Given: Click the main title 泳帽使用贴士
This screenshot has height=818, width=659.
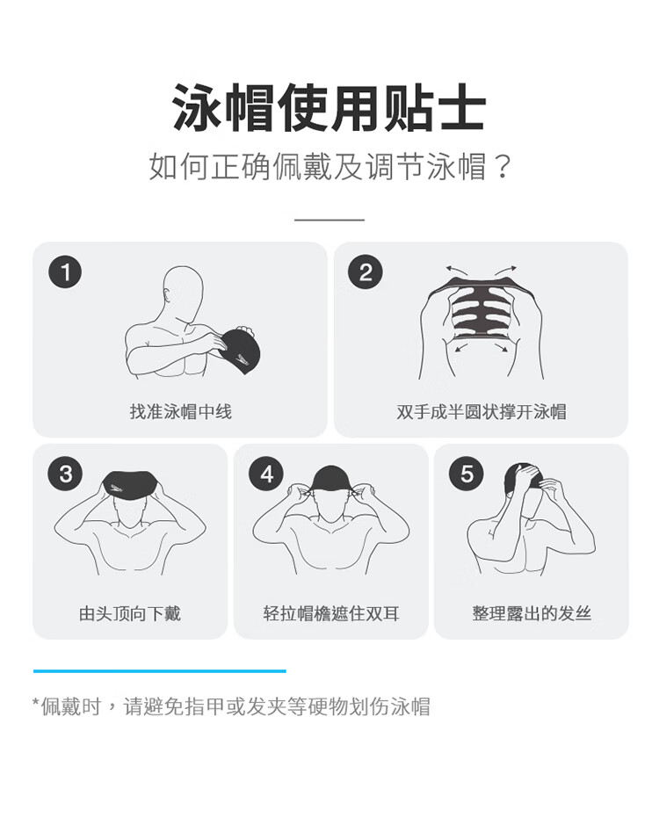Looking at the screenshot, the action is [329, 106].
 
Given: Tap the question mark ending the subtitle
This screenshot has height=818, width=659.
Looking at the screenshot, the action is [502, 166].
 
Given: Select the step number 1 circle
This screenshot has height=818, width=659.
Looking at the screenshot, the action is [65, 271].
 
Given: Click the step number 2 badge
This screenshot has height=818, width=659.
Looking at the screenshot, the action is [366, 271].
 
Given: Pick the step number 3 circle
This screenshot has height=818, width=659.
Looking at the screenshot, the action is [65, 474].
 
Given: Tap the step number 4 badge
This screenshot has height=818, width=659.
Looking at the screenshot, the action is [266, 474].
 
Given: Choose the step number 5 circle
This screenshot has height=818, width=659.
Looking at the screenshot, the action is [467, 474].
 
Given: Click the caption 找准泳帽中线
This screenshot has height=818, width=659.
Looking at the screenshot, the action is [180, 411].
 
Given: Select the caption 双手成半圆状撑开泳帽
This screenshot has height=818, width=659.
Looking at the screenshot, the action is [482, 411].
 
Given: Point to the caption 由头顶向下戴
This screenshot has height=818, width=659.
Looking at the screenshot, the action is [130, 613].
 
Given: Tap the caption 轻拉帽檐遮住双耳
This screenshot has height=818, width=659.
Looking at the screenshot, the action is [331, 613].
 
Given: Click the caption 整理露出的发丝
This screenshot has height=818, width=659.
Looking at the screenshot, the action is [532, 613].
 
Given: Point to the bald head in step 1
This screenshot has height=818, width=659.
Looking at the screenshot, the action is [183, 291].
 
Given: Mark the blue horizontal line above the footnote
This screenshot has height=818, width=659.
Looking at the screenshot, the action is [160, 671].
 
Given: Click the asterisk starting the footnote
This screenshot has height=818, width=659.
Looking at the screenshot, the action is [36, 702].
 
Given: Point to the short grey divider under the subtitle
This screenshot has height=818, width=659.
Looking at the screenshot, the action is [329, 220].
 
